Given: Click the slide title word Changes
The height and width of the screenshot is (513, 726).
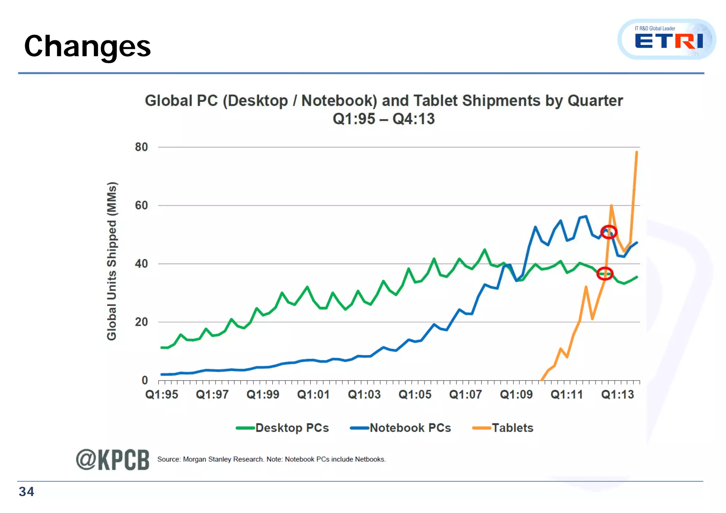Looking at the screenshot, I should (x=87, y=47).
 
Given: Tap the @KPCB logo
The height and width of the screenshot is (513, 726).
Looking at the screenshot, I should (x=112, y=460).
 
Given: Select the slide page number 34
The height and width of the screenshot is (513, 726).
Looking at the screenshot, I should (x=26, y=492).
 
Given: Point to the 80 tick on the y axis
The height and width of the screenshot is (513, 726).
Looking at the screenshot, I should (x=141, y=147).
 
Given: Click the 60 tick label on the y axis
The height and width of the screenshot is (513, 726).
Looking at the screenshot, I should (x=141, y=205).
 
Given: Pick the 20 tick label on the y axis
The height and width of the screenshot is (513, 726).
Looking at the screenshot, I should (x=141, y=322).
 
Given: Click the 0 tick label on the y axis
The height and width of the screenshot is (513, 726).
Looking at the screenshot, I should (x=145, y=380).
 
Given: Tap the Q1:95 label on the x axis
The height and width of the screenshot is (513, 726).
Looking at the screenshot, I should (x=162, y=395).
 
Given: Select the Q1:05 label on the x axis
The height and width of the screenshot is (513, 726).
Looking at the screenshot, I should (x=415, y=395).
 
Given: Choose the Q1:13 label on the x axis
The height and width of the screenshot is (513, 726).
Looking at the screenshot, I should (x=618, y=395).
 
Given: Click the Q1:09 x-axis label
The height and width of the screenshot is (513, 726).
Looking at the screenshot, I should (x=516, y=395).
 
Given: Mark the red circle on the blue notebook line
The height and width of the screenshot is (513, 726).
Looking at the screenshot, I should (x=609, y=232).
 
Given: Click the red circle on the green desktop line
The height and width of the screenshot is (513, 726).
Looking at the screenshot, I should (x=605, y=274).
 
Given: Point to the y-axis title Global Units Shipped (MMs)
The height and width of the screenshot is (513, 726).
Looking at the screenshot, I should (x=112, y=261).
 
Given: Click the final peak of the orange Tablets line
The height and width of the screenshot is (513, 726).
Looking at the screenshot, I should (x=637, y=152).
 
